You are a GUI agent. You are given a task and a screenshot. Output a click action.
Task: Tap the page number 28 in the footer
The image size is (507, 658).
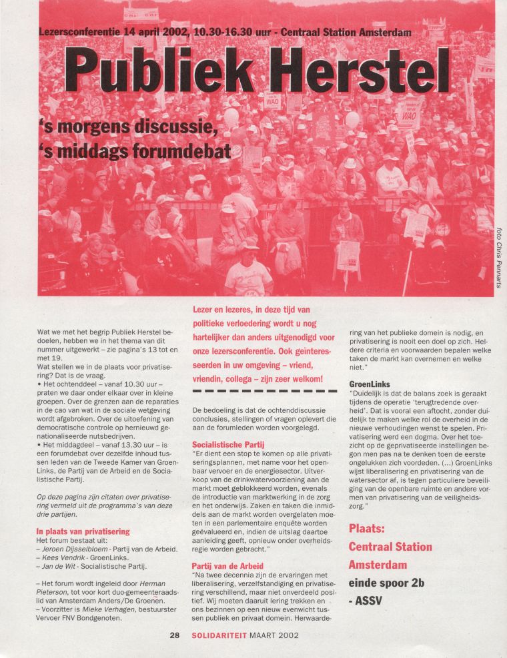point(175,635)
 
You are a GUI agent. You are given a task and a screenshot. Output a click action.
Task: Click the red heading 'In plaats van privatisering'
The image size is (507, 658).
point(83,531)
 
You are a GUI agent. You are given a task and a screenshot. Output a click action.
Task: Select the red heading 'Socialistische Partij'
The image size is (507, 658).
point(231,444)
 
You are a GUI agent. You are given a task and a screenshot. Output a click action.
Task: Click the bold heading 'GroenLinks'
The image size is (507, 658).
point(370,384)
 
